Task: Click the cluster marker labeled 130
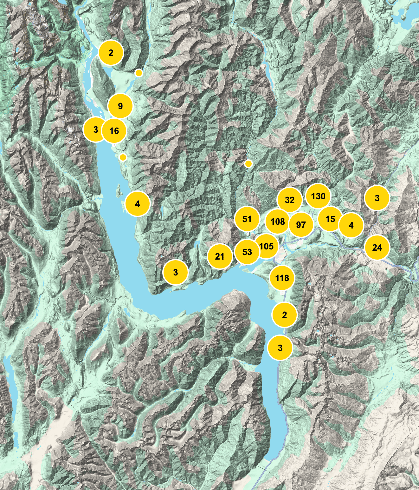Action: pos(318,196)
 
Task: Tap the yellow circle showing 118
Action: pos(282,278)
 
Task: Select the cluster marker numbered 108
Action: pos(278,222)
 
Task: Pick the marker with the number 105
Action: pos(266,246)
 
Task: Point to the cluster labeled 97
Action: pos(301,225)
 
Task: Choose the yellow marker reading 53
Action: pos(247,252)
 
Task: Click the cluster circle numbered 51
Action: pos(247,219)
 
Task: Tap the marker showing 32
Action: pos(289,200)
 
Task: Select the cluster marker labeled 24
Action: pos(377,248)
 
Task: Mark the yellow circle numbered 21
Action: pos(219,256)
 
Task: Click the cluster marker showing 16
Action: pos(114,130)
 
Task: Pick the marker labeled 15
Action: pos(330,219)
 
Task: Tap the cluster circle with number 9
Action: pos(120,106)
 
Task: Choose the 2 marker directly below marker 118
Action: pos(284,315)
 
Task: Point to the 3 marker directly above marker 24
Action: pos(377,198)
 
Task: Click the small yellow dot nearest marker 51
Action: pos(248,164)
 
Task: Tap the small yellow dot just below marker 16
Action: pos(123,157)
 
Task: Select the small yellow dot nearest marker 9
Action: pos(139,73)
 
